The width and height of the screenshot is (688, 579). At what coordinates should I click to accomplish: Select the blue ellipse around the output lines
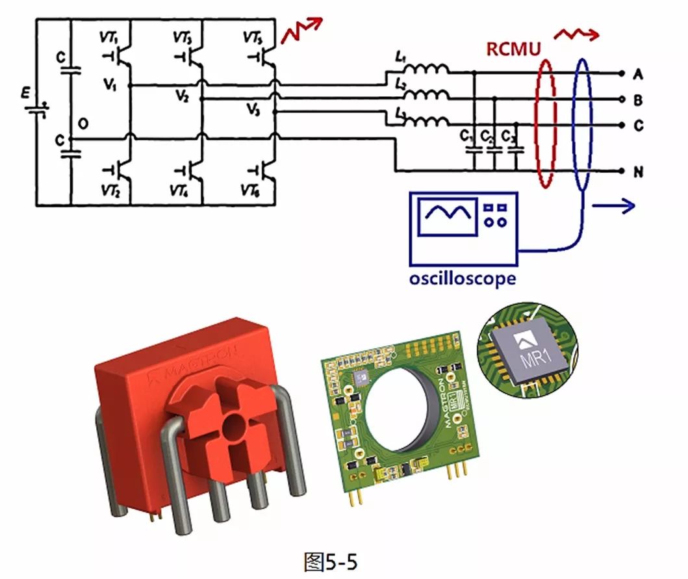[x=582, y=123]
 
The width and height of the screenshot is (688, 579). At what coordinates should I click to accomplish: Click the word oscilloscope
[x=462, y=278]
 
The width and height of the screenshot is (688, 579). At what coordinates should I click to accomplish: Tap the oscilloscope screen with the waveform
[x=449, y=218]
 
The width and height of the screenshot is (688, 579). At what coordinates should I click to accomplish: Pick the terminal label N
[x=639, y=172]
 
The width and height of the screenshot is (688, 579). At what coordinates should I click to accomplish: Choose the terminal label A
[x=639, y=74]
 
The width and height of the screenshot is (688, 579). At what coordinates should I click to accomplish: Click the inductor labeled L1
[x=426, y=70]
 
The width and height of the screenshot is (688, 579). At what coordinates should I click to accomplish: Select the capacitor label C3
[x=514, y=136]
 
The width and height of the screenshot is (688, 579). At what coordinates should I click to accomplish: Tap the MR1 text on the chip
[x=535, y=358]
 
